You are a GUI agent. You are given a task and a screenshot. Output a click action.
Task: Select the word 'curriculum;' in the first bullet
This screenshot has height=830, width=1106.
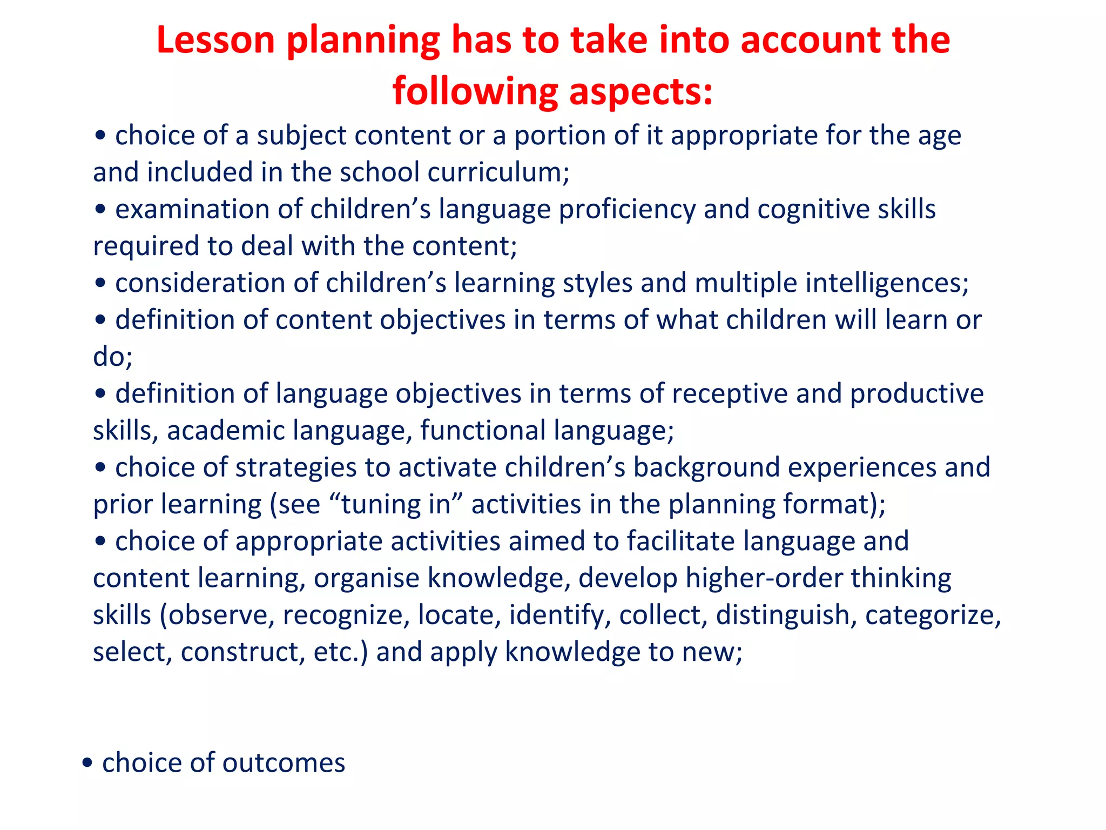(x=498, y=173)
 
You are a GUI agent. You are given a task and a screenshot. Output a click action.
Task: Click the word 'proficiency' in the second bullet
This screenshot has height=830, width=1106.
(x=627, y=210)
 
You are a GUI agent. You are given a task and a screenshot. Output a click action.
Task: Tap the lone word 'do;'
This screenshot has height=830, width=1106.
(x=112, y=357)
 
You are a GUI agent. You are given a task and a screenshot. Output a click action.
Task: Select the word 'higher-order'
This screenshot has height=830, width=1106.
(x=764, y=578)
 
